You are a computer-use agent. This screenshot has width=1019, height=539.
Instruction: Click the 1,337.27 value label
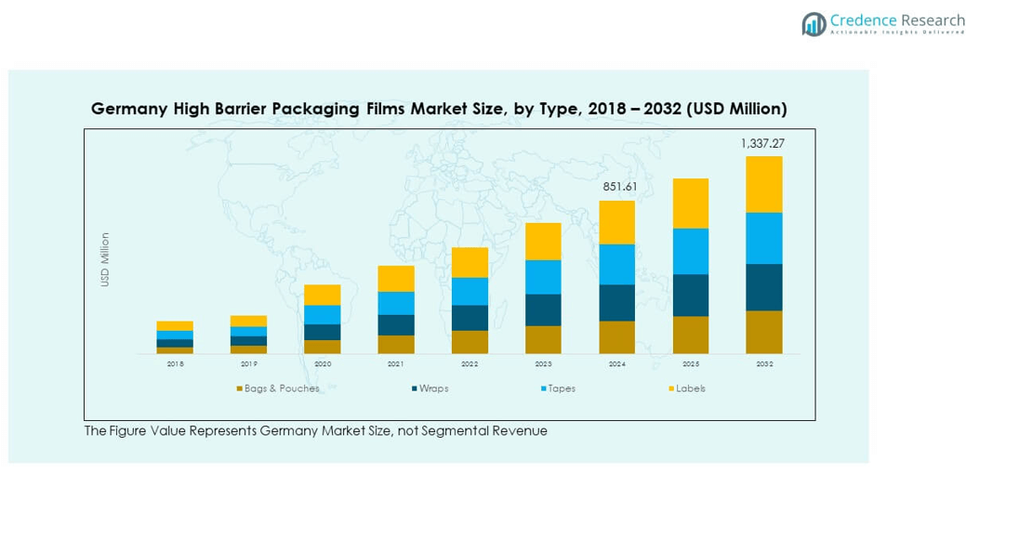coord(761,143)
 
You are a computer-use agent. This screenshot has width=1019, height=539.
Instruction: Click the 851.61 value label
coord(617,187)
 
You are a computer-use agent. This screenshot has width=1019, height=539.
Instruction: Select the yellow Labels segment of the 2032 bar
coord(763,184)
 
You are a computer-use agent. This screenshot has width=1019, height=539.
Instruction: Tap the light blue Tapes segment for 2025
coord(690,251)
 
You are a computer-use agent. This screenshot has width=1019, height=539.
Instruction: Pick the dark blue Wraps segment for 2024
coord(616,303)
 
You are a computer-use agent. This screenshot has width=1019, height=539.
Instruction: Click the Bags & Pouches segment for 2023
coord(543,339)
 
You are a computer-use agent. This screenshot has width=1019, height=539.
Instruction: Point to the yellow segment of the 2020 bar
coord(323,295)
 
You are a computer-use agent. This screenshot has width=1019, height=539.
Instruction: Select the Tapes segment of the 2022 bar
coord(470,291)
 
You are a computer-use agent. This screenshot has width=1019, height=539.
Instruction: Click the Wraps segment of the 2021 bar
coord(396,325)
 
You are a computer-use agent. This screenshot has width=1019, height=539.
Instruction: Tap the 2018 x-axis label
coord(175,364)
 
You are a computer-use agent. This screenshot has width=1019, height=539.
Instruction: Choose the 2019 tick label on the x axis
coord(248,364)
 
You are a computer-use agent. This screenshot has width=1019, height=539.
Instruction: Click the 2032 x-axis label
coord(763,364)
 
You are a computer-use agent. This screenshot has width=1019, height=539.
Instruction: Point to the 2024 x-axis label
coord(616,364)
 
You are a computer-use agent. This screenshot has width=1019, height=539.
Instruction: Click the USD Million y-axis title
coord(105,259)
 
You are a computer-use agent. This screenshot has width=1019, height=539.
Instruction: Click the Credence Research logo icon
coord(814,24)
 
